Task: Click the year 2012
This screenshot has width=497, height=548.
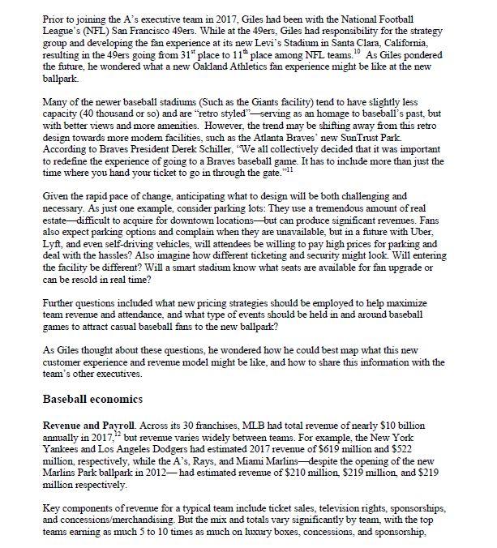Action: [170, 476]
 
